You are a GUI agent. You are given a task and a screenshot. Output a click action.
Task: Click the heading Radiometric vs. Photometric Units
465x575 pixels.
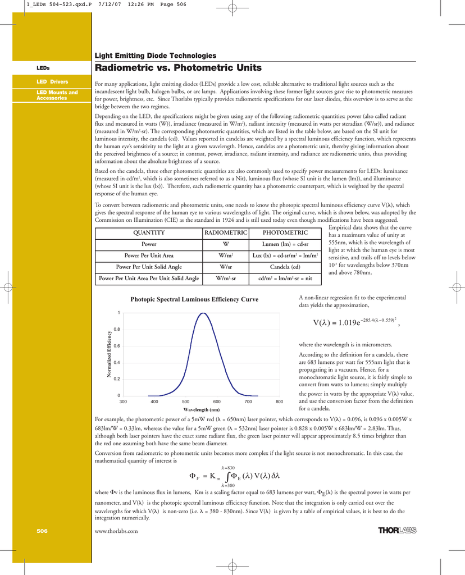click(x=178, y=68)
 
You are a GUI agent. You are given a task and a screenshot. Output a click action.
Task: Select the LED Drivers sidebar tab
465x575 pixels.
click(x=52, y=82)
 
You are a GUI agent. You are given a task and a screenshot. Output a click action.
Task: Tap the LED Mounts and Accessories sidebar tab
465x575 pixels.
click(x=57, y=95)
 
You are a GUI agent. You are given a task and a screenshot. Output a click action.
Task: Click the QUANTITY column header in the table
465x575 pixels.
click(x=148, y=232)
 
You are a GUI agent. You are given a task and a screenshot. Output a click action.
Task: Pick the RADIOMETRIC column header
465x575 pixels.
click(x=226, y=232)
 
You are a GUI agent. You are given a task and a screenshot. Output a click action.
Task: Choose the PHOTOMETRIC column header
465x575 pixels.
click(x=285, y=232)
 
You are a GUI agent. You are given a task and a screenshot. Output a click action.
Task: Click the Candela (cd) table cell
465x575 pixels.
click(x=285, y=267)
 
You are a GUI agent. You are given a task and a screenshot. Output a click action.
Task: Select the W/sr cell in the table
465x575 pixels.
click(x=226, y=267)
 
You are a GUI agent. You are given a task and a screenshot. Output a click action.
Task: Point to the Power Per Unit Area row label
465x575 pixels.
click(x=148, y=255)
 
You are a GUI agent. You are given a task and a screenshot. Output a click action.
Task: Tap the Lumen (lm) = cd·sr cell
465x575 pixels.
click(x=285, y=244)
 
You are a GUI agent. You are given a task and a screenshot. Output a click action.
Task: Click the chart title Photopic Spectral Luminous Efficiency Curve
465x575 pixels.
click(x=194, y=299)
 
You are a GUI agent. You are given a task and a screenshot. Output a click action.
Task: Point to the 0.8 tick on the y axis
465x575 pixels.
click(x=116, y=329)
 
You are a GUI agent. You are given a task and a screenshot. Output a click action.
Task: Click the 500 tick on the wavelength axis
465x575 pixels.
click(x=185, y=402)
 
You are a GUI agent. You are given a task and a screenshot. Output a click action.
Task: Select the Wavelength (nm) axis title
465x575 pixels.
click(x=201, y=410)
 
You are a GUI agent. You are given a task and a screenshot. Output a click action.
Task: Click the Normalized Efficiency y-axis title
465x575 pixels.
click(x=109, y=354)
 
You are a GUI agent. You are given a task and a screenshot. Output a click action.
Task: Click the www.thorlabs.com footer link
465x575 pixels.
click(x=116, y=531)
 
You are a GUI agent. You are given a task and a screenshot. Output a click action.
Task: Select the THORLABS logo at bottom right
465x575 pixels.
click(x=397, y=530)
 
